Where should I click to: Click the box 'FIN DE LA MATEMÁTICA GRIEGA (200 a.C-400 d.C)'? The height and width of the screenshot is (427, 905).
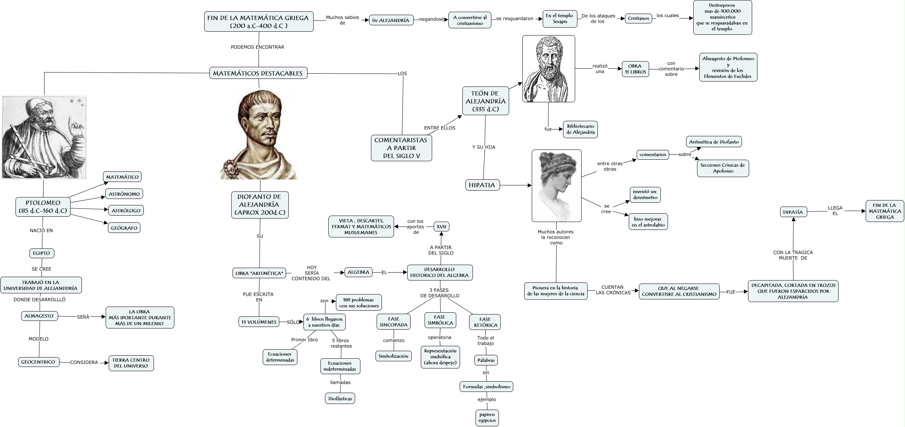[x=259, y=22]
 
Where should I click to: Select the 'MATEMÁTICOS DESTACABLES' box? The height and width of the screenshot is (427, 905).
[x=258, y=73]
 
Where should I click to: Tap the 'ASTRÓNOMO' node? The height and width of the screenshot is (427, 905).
[x=124, y=194]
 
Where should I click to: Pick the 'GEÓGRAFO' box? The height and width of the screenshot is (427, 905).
[x=124, y=228]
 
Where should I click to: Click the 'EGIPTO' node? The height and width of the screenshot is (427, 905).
[x=42, y=253]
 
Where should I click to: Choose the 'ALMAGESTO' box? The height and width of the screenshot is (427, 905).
[x=39, y=316]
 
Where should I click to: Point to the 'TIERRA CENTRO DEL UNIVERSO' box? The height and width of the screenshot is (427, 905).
[x=131, y=363]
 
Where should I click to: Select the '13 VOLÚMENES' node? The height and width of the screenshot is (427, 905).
[x=259, y=322]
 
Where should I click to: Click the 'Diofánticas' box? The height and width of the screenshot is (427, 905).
[x=340, y=398]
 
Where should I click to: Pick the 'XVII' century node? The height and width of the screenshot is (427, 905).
[x=441, y=227]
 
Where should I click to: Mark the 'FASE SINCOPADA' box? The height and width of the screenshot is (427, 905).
[x=394, y=322]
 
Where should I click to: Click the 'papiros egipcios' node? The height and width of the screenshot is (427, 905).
[x=487, y=418]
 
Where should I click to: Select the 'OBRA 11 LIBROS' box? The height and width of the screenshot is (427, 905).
[x=635, y=69]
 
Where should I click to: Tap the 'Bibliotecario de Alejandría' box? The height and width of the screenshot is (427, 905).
[x=580, y=129]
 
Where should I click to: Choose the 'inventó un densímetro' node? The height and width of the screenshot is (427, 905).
[x=645, y=194]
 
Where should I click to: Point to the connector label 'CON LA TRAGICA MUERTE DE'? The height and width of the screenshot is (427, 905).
[x=793, y=255]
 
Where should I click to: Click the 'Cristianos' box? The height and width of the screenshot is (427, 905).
[x=639, y=18]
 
